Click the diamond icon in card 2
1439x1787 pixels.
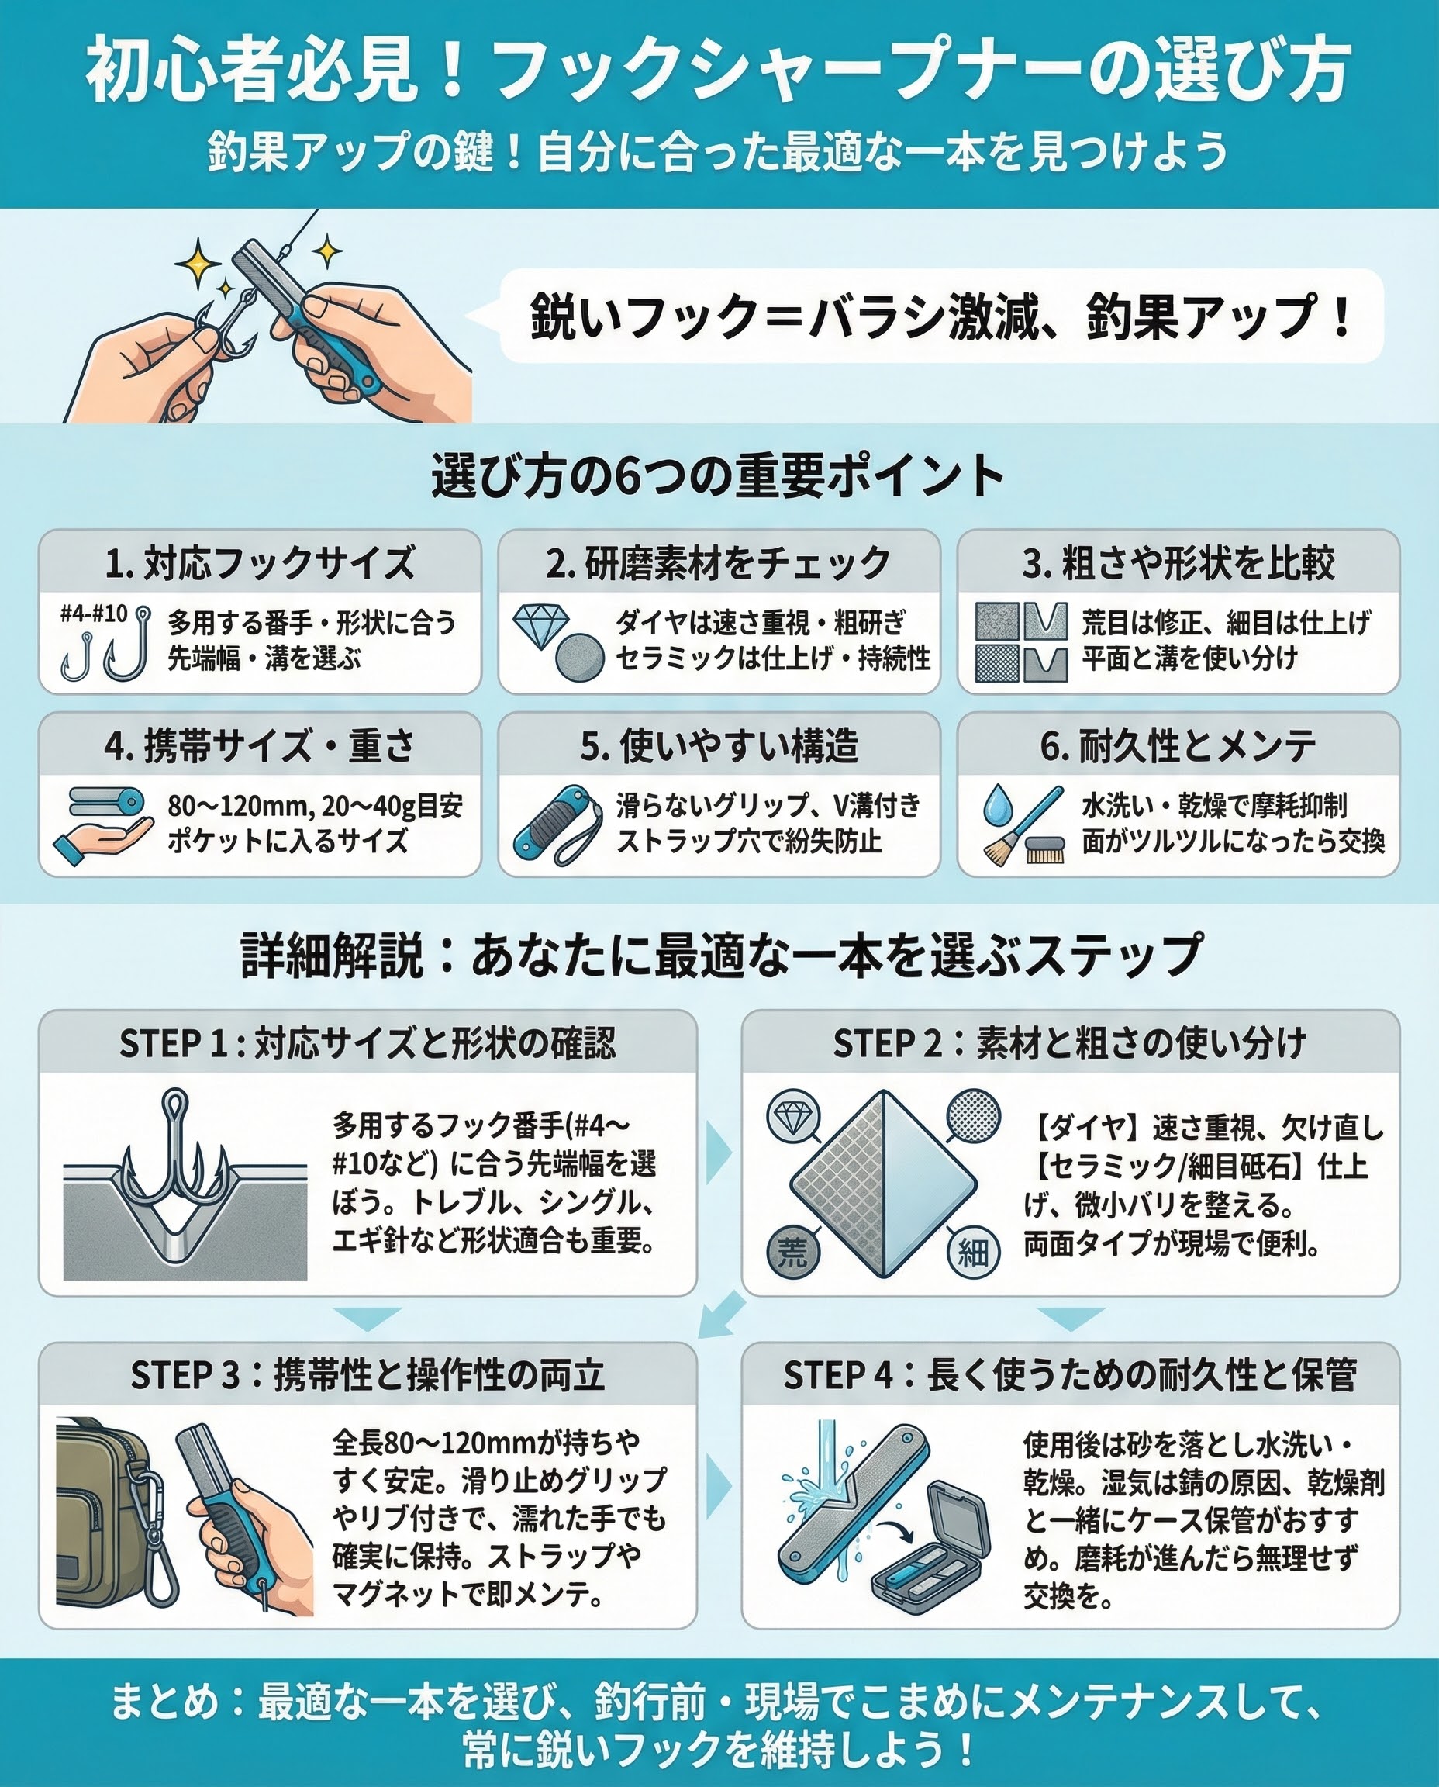pyautogui.click(x=541, y=626)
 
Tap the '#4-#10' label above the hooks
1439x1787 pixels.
pyautogui.click(x=94, y=614)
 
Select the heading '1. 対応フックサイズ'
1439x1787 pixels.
pyautogui.click(x=260, y=564)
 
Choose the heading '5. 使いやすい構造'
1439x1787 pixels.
pyautogui.click(x=719, y=746)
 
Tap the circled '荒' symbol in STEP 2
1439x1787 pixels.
pyautogui.click(x=792, y=1253)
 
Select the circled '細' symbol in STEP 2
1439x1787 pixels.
pyautogui.click(x=973, y=1253)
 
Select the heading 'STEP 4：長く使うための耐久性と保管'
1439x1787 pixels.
pyautogui.click(x=1070, y=1376)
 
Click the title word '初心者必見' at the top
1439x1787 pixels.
pyautogui.click(x=250, y=71)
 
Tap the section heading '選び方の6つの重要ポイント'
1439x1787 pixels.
pyautogui.click(x=719, y=476)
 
